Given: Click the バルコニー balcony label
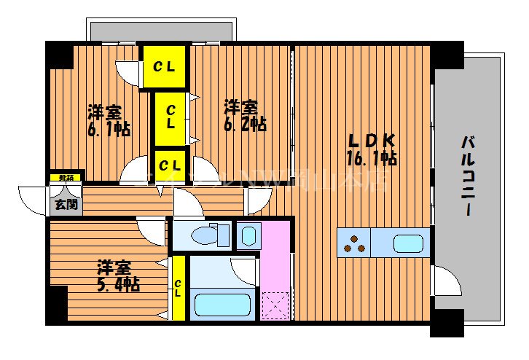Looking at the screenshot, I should [x=466, y=176].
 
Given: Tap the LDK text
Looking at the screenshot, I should [x=371, y=141].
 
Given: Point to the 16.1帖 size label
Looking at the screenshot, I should [x=371, y=157].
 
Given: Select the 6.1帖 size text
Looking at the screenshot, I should [x=109, y=130].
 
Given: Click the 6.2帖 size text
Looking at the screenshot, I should [x=244, y=125].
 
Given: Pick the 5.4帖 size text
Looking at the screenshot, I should [x=119, y=283].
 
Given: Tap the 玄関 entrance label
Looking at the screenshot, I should [x=66, y=204].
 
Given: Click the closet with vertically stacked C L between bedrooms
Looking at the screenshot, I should [x=170, y=117].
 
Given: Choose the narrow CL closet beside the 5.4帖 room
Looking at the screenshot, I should [x=178, y=287].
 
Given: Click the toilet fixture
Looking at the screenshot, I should [x=206, y=235].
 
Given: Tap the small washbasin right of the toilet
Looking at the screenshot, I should [x=248, y=235].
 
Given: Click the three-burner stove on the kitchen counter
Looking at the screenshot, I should [x=354, y=243].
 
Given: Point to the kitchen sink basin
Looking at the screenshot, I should [x=408, y=243].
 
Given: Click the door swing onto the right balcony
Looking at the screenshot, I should [x=447, y=281].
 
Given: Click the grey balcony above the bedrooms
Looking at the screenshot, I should [x=160, y=31].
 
